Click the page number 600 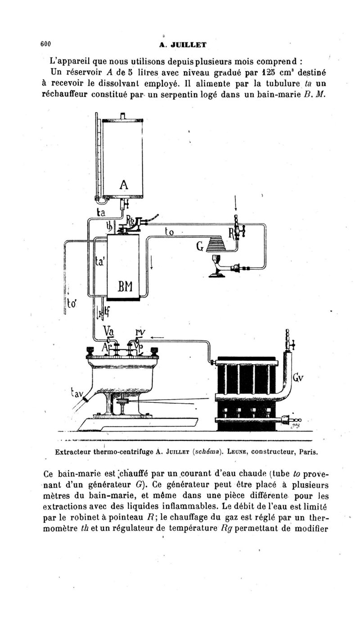45,44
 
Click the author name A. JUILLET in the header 183,45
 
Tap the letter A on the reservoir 124,185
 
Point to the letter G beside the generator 201,247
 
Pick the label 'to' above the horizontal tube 169,232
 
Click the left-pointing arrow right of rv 157,337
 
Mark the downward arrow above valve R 235,204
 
